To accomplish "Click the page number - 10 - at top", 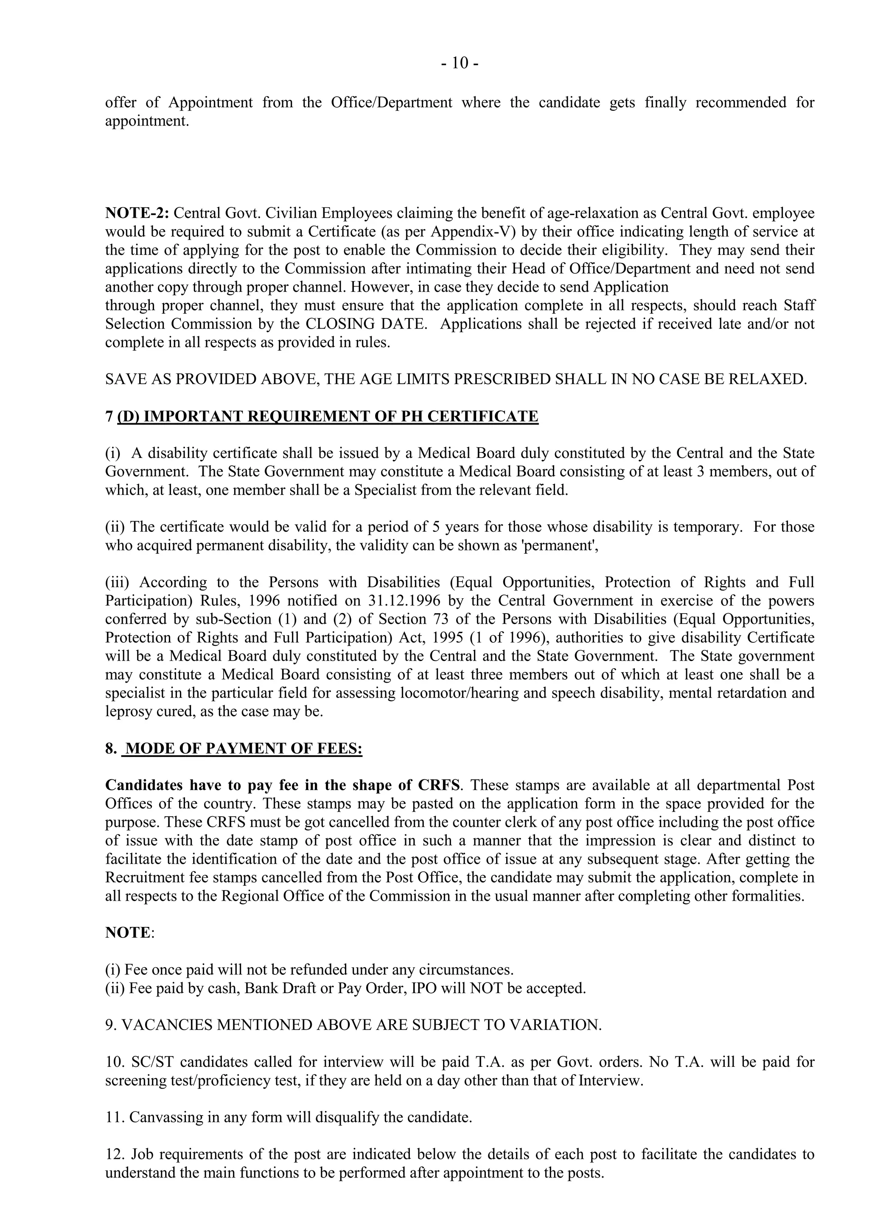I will pos(460,63).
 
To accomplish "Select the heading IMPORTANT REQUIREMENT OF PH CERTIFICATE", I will pos(341,416).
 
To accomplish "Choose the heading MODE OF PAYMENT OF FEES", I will pos(244,748).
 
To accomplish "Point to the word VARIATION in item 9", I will pos(554,1025).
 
